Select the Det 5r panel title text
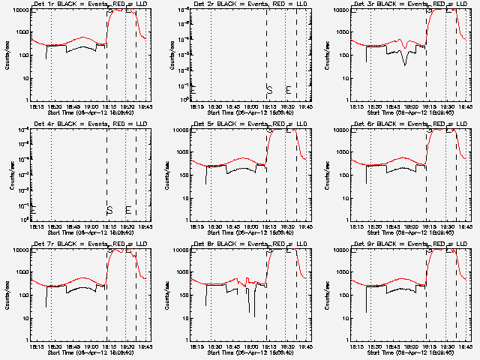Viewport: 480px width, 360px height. [247, 124]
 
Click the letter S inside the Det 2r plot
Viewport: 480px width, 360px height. [269, 90]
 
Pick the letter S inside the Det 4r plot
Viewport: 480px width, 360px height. [109, 210]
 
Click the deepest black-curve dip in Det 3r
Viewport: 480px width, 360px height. [406, 64]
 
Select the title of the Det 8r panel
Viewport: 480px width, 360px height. [247, 244]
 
